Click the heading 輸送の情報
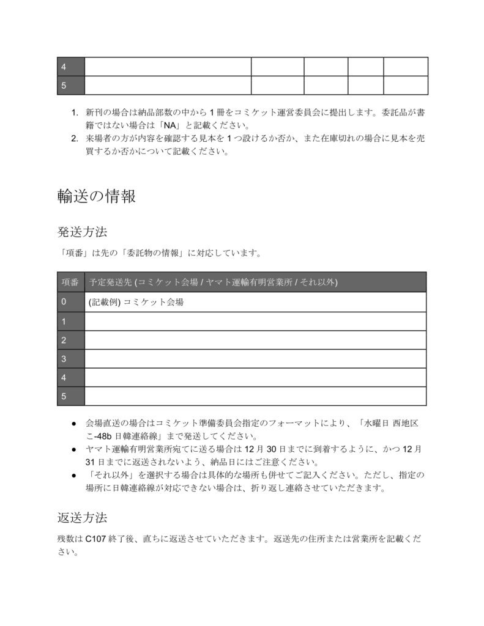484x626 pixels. click(x=96, y=196)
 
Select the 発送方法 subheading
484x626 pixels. click(x=82, y=232)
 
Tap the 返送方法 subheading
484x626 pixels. click(x=82, y=518)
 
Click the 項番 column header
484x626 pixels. click(x=70, y=282)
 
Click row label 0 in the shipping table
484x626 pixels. click(x=64, y=302)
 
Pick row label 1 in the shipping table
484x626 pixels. click(x=64, y=321)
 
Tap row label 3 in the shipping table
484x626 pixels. click(x=64, y=359)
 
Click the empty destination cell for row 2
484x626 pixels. click(x=255, y=340)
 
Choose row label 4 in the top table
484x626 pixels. click(x=64, y=67)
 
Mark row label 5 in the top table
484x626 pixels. click(x=64, y=86)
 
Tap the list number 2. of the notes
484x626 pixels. click(x=75, y=138)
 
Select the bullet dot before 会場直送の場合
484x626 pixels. click(x=73, y=423)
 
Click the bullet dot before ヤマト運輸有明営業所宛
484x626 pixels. click(x=73, y=449)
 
